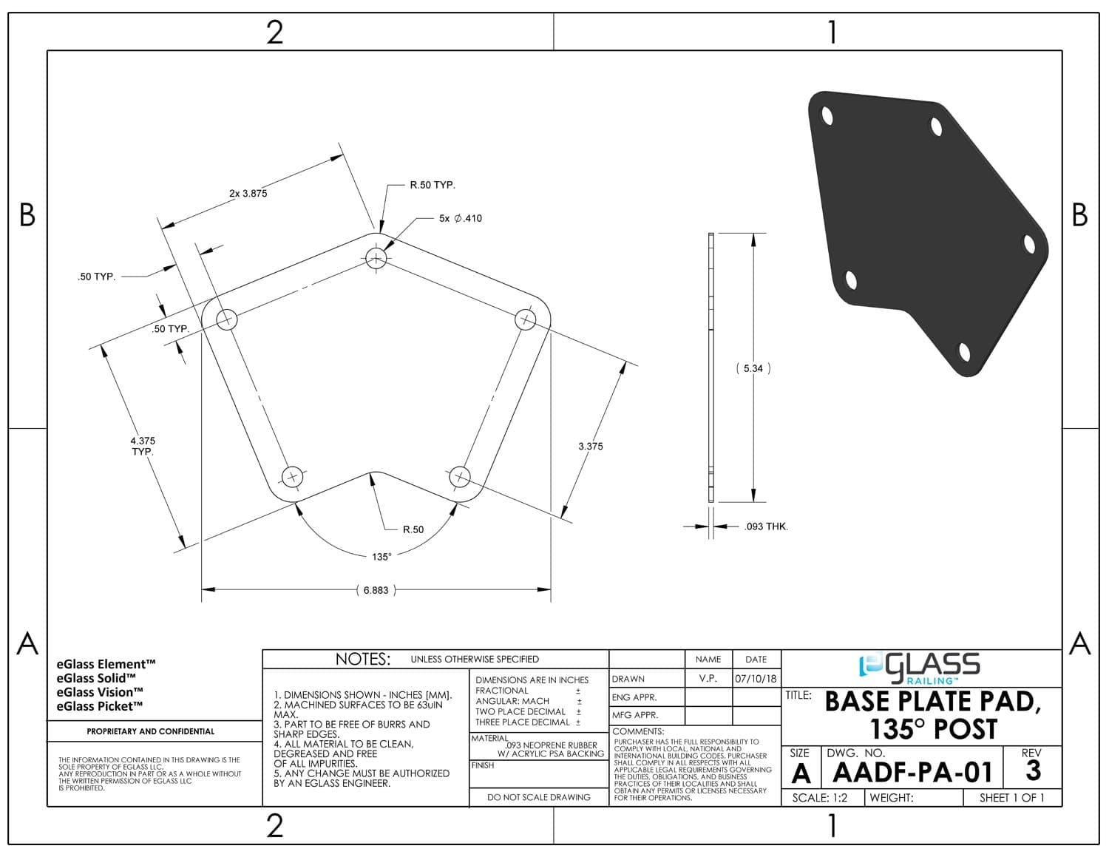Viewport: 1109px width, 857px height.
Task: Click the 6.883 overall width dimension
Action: [x=376, y=590]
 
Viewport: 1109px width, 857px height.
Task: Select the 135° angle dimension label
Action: [x=381, y=557]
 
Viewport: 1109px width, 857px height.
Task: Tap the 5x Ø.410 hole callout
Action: [x=460, y=218]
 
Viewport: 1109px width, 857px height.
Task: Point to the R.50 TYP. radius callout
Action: [x=432, y=185]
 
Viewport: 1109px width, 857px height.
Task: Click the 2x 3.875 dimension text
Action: [x=248, y=194]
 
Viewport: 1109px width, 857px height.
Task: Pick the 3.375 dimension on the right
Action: [x=590, y=446]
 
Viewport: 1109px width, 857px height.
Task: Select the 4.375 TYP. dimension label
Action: [x=143, y=446]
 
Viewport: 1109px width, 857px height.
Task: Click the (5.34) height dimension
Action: [x=753, y=368]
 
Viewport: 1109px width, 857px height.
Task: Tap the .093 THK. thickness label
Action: [x=766, y=526]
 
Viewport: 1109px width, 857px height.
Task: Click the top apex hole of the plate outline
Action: [x=376, y=258]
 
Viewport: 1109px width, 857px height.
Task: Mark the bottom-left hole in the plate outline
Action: [x=293, y=477]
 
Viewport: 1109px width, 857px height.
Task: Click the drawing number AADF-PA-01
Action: [x=912, y=772]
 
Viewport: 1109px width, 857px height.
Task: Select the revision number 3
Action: [x=1033, y=770]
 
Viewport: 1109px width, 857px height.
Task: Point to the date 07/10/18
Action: [x=756, y=678]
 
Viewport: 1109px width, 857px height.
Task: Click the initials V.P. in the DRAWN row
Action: [x=708, y=678]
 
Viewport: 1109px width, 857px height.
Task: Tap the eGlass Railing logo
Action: [x=920, y=668]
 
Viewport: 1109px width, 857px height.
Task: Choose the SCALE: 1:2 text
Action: [x=819, y=798]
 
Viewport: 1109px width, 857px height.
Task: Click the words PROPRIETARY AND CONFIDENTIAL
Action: [x=151, y=731]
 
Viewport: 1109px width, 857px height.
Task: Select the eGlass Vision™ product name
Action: [x=100, y=692]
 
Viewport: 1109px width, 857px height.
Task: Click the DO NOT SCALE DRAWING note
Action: [x=538, y=797]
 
